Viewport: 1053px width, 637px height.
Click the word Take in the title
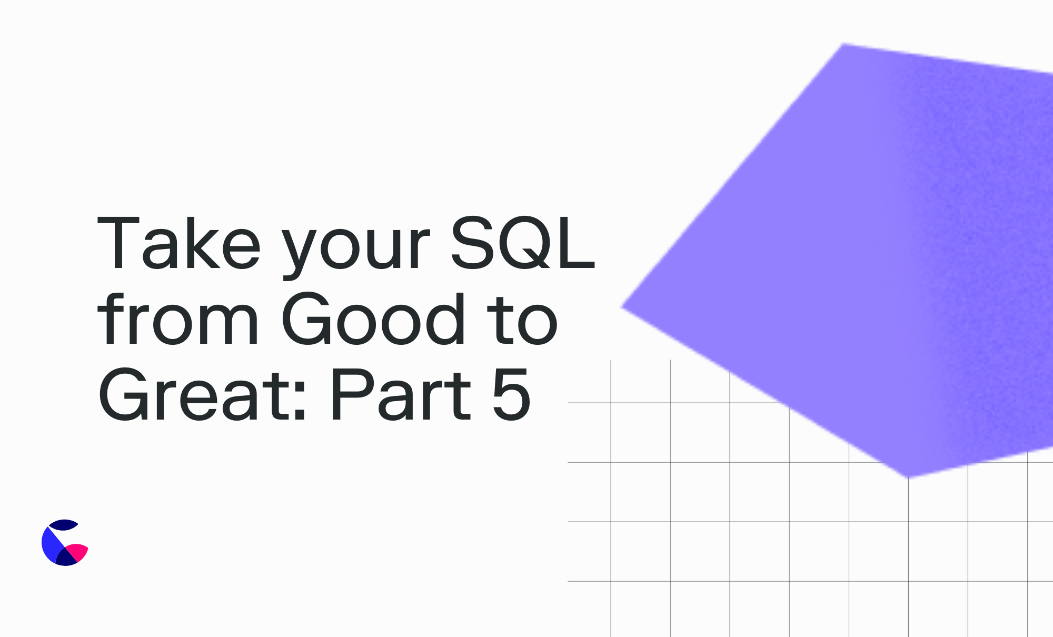point(180,243)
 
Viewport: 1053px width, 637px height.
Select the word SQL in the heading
point(523,244)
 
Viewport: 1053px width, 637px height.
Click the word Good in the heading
point(373,318)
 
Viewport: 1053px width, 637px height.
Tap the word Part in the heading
point(401,395)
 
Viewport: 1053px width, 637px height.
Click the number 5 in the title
point(511,395)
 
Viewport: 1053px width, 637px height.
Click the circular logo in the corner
point(65,543)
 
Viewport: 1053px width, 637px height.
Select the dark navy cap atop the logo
point(63,524)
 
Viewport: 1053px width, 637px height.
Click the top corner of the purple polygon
point(843,44)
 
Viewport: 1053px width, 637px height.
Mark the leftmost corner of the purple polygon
point(622,307)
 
